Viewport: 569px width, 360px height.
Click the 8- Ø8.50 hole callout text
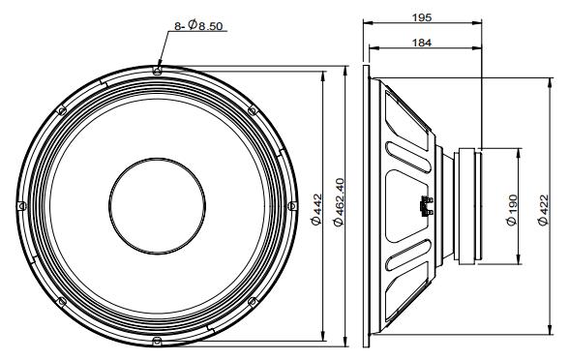(200, 25)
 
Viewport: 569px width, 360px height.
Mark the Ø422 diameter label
(540, 206)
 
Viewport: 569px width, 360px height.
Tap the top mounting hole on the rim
(157, 70)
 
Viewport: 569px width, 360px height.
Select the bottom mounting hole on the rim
(157, 340)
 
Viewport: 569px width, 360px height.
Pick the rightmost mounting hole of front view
(291, 205)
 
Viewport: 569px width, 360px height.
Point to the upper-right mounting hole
(252, 109)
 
